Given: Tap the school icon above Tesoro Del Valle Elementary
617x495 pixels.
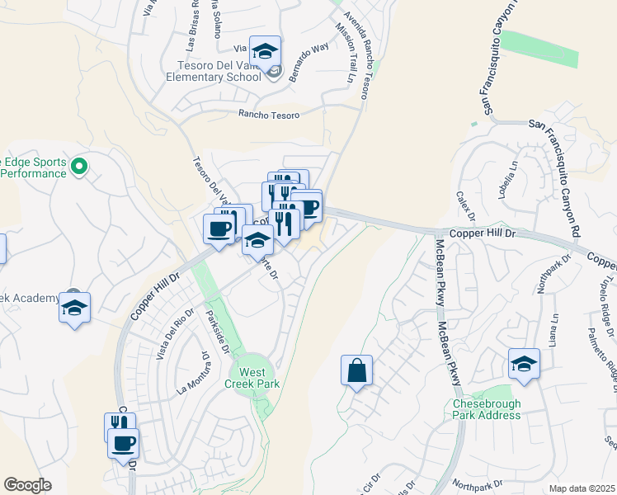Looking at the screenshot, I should point(266,52).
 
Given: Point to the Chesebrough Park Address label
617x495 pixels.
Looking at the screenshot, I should point(487,409).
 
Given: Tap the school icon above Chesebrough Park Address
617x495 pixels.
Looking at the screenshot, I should point(524,364).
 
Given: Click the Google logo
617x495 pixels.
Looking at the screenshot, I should point(27,485).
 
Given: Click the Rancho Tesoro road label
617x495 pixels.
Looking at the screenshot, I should point(266,115).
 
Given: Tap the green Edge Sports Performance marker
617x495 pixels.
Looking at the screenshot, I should point(79,167).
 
